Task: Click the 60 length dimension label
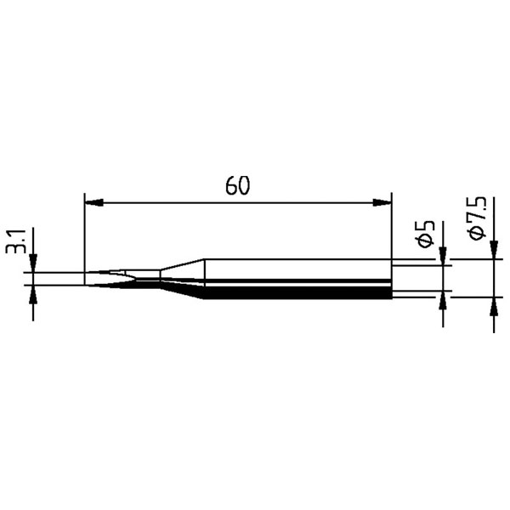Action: tap(238, 185)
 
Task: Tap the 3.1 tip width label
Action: tap(15, 241)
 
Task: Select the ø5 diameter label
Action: tap(426, 234)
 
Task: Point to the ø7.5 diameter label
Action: tap(477, 218)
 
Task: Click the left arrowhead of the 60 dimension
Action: tap(94, 202)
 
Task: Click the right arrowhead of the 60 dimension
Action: tap(382, 202)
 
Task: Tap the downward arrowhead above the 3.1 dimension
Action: tap(33, 263)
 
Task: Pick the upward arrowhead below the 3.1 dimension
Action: tap(33, 295)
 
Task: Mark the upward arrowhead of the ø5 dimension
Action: tap(443, 300)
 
